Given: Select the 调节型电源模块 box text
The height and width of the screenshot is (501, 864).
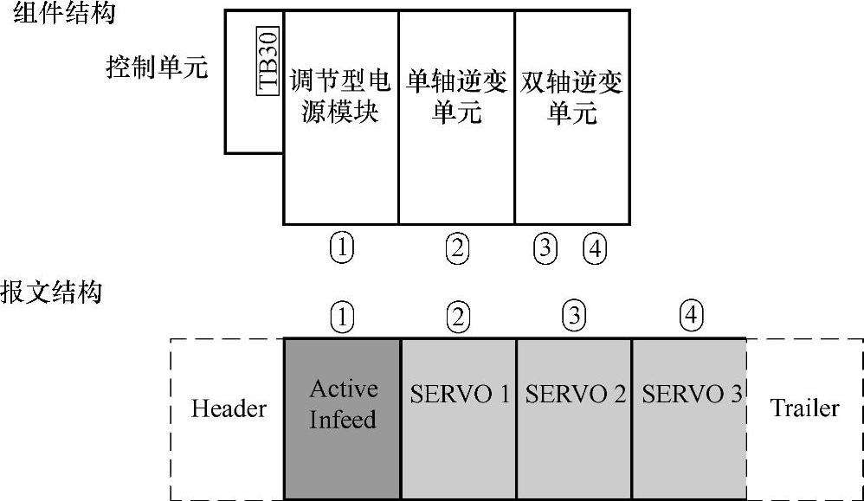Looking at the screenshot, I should [x=340, y=97].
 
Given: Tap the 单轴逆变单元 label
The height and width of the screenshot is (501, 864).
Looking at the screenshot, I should [x=456, y=97].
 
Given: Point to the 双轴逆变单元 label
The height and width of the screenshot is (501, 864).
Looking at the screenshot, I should [x=572, y=97].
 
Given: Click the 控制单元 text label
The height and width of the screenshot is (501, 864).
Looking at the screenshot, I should [x=157, y=67].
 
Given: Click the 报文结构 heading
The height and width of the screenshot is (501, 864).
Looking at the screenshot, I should [x=51, y=292].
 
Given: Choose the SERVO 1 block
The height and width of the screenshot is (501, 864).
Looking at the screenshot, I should [x=459, y=395].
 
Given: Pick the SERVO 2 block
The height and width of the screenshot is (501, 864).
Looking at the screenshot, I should [x=575, y=395].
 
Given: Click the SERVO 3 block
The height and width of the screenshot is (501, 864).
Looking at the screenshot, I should [x=690, y=395].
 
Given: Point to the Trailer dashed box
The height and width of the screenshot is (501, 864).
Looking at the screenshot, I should [x=804, y=408].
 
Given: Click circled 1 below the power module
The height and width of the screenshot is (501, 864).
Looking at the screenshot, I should [x=342, y=248].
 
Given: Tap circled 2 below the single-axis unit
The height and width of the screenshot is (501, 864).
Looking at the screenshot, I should [x=457, y=249].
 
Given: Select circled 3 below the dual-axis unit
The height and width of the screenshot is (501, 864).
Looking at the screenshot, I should [x=544, y=249].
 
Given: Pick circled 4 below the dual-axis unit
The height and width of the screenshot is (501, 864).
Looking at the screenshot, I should [x=595, y=249].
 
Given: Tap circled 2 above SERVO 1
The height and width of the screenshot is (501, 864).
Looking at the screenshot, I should [x=458, y=318].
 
